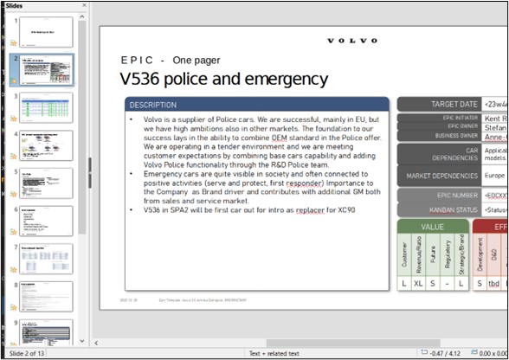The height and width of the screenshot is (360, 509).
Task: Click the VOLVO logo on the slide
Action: [352, 41]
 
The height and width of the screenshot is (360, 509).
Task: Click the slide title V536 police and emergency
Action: [224, 80]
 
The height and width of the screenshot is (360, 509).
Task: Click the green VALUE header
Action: [432, 227]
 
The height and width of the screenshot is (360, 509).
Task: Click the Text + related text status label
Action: [275, 353]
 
